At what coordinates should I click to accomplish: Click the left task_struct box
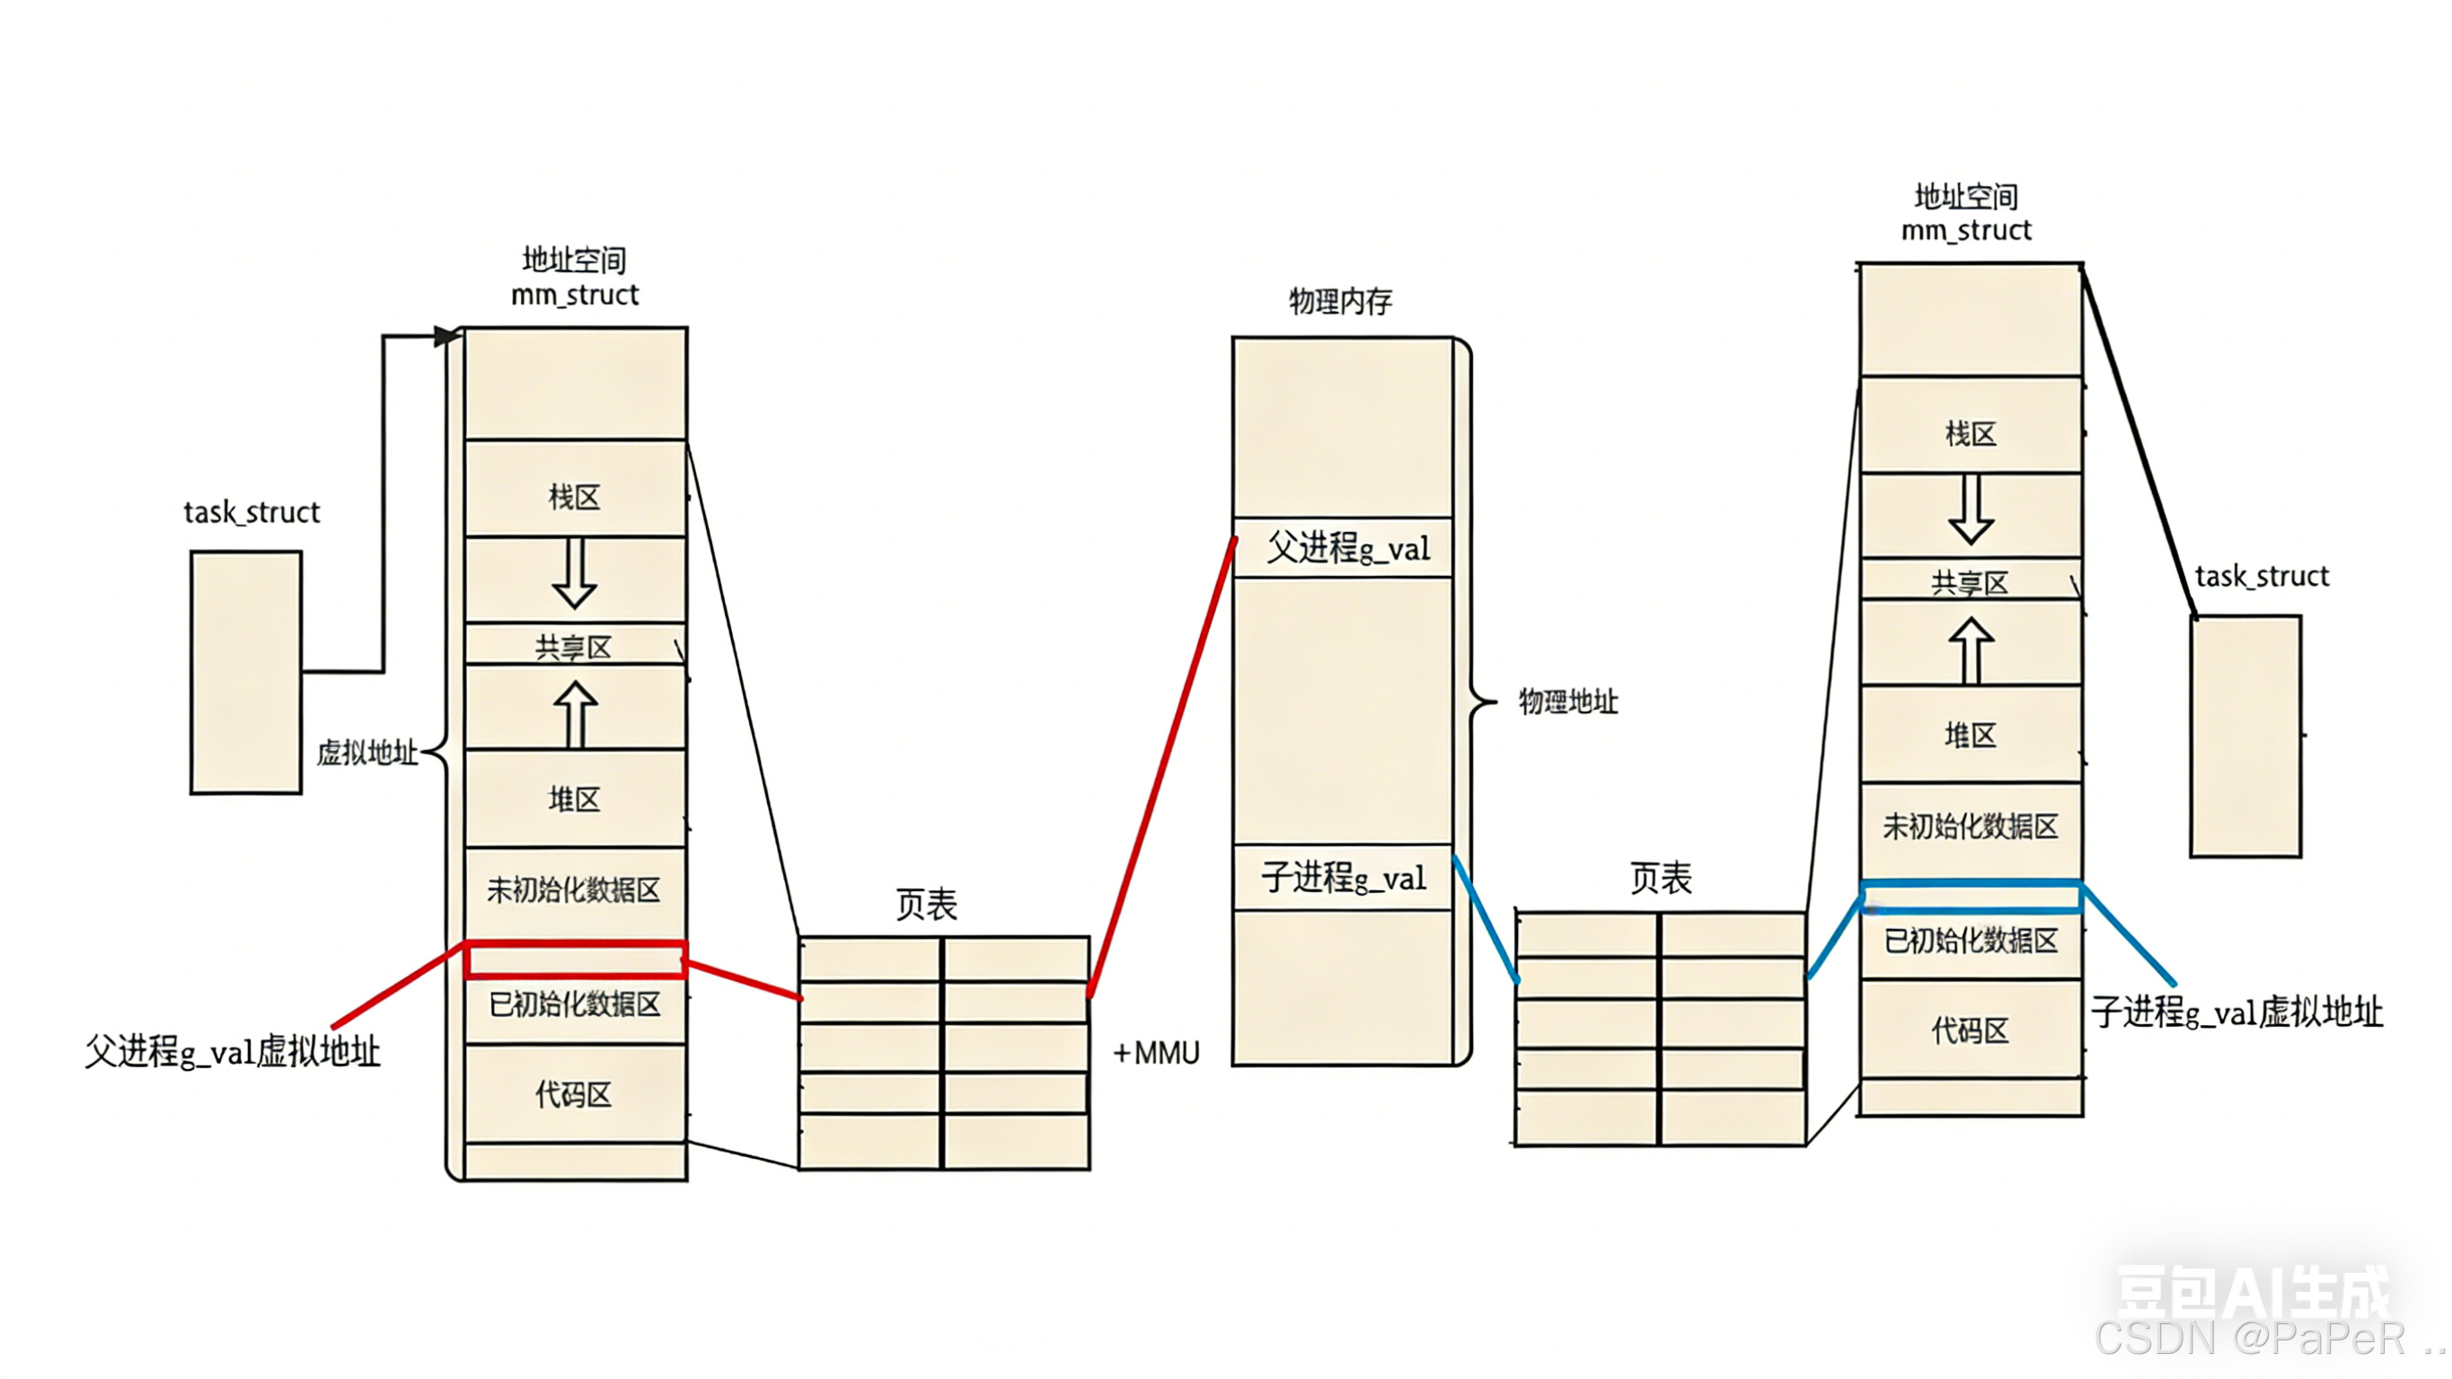point(245,672)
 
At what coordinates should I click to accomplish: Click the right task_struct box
point(2245,736)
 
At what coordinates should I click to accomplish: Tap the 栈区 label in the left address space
point(574,497)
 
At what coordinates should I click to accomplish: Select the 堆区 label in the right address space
point(1970,735)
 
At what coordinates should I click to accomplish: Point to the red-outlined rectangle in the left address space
point(575,960)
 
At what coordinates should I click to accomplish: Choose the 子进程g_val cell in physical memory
point(1343,877)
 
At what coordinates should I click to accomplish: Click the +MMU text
point(1156,1052)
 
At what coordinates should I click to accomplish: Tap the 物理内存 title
point(1340,302)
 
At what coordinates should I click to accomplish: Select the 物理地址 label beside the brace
point(1567,702)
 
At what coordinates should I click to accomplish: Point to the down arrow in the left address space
point(575,573)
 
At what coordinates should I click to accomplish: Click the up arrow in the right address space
point(1971,650)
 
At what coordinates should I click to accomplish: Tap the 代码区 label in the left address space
point(573,1094)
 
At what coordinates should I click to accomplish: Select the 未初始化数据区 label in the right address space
point(1971,827)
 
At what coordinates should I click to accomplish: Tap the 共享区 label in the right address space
point(1970,583)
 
